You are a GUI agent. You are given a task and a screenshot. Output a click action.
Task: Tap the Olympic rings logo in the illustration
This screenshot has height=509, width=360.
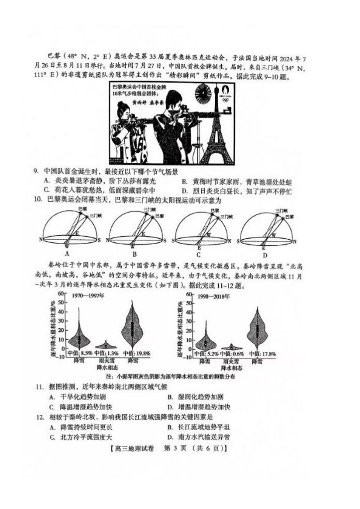tap(226, 100)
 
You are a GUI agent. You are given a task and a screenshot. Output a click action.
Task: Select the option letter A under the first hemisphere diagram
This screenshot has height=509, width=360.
tap(67, 254)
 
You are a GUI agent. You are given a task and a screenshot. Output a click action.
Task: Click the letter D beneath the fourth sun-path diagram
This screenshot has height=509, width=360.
tap(265, 254)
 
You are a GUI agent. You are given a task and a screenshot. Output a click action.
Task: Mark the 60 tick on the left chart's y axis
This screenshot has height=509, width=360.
tap(61, 294)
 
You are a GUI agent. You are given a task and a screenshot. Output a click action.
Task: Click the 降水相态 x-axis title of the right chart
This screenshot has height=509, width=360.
tap(232, 368)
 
